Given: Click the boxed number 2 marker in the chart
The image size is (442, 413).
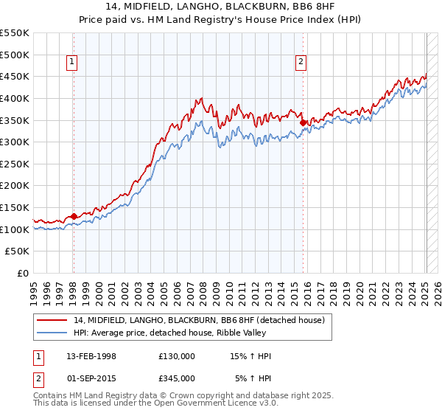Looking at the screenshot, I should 302,63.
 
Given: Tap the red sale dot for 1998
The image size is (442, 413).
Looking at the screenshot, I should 74,216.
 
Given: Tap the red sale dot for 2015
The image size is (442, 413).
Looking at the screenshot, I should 304,122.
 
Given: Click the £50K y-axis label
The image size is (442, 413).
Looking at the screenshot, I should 18,251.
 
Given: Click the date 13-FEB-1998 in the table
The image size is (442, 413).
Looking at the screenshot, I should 91,356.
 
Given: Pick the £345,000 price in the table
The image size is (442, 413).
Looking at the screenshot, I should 177,378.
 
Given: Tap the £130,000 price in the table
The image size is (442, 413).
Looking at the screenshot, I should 177,356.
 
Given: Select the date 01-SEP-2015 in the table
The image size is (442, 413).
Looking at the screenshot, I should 91,378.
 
